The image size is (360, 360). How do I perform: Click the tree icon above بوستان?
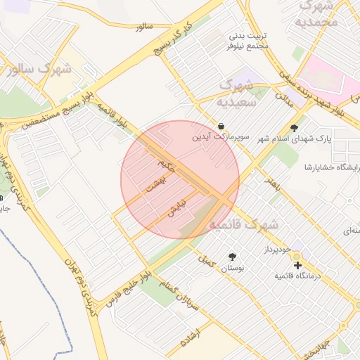pos(233,257)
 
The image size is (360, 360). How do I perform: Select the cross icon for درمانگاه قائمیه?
pos(298,266)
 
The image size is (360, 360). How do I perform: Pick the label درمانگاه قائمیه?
pos(300,276)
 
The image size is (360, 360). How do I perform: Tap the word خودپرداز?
pos(274,250)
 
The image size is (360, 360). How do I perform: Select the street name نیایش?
pos(176,207)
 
